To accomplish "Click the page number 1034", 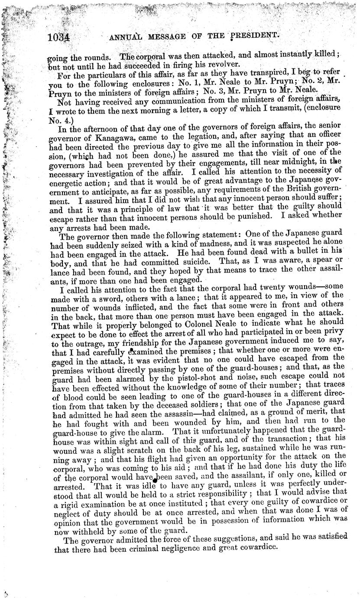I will click(x=59, y=38).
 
